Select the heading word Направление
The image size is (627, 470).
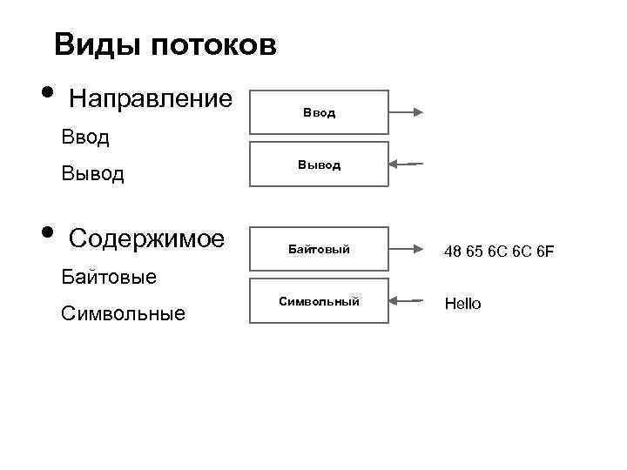[x=150, y=98]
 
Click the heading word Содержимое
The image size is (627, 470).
[x=146, y=238]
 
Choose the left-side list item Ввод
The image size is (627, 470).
[x=85, y=138]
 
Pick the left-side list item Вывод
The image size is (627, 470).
[x=93, y=174]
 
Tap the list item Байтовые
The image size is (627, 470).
[x=110, y=278]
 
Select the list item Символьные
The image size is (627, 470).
[x=124, y=313]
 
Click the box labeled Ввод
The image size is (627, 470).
[x=319, y=112]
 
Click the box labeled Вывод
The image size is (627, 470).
[x=319, y=164]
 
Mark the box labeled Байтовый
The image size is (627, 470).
[x=319, y=251]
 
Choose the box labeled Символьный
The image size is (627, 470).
[x=319, y=302]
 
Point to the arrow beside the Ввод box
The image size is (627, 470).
[x=406, y=112]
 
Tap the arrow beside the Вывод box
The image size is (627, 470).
[x=406, y=164]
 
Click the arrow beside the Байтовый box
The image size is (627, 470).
[x=406, y=251]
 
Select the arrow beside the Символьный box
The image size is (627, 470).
[x=406, y=302]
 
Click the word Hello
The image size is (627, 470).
[x=462, y=304]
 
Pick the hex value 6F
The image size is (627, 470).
[x=544, y=252]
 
